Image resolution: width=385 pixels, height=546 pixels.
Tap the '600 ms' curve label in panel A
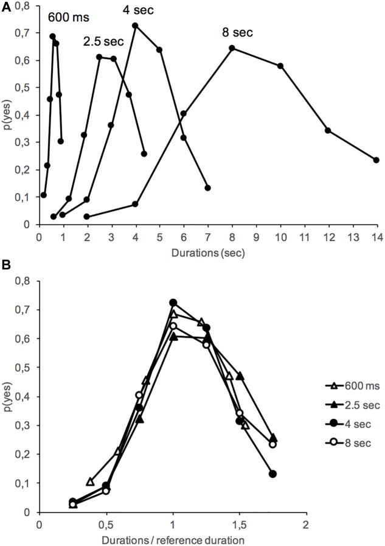coord(65,19)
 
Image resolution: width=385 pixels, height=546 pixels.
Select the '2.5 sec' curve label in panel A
coord(103,41)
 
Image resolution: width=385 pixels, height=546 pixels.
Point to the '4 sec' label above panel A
coord(138,10)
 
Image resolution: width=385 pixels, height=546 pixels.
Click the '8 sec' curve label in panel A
coord(237,33)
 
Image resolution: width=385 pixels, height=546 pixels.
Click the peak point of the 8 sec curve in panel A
coord(232,48)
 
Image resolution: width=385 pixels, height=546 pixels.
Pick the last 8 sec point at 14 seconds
coord(376,160)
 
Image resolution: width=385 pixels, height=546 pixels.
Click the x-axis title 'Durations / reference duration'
coord(173,540)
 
